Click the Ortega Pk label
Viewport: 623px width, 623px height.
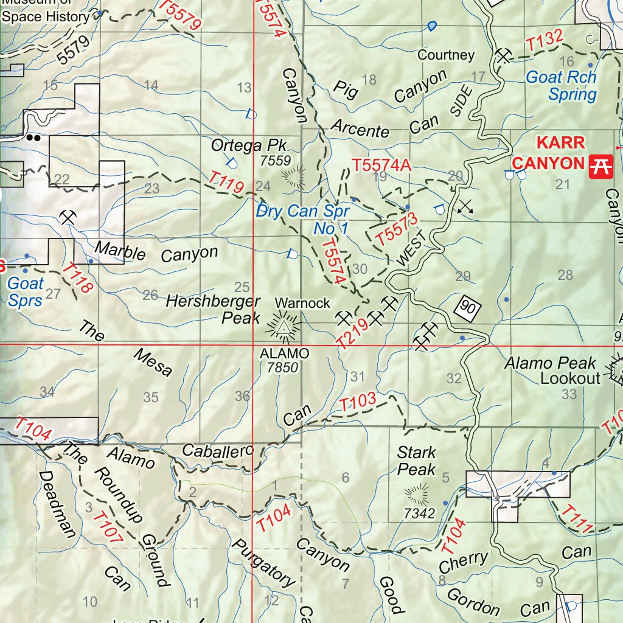[x=248, y=146]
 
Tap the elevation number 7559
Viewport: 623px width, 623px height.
[x=273, y=161]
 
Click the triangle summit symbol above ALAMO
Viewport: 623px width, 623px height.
[x=283, y=328]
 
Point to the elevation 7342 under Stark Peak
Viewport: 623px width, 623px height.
[x=419, y=513]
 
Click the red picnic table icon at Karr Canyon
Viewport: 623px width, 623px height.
[x=600, y=164]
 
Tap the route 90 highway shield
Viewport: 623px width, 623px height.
[x=468, y=307]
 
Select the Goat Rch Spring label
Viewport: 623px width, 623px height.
[x=561, y=86]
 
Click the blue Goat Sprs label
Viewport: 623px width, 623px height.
[x=25, y=291]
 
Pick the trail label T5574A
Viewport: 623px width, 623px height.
[x=382, y=165]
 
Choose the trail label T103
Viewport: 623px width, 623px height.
[x=358, y=403]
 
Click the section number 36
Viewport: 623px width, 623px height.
[x=242, y=396]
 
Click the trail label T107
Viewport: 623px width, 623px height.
[x=108, y=527]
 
